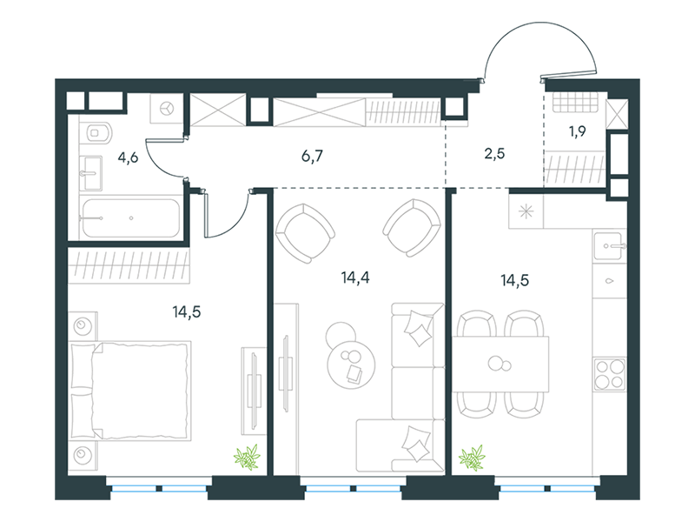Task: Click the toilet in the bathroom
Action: pyautogui.click(x=97, y=132)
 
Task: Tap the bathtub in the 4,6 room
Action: pyautogui.click(x=131, y=218)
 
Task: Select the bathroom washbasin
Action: pyautogui.click(x=91, y=173)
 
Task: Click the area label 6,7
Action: pyautogui.click(x=312, y=157)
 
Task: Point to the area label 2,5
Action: pyautogui.click(x=494, y=154)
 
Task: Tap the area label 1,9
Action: pyautogui.click(x=578, y=131)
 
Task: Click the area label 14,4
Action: pyautogui.click(x=355, y=278)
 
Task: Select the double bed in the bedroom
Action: pyautogui.click(x=130, y=391)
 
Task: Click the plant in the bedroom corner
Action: pyautogui.click(x=247, y=458)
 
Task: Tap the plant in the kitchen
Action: pyautogui.click(x=472, y=458)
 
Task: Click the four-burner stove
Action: pyautogui.click(x=610, y=374)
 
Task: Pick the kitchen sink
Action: pyautogui.click(x=610, y=246)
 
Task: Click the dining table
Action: pyautogui.click(x=500, y=364)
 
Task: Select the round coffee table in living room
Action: pyautogui.click(x=351, y=365)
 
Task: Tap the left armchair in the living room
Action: pyautogui.click(x=305, y=232)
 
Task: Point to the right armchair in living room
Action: pyautogui.click(x=412, y=228)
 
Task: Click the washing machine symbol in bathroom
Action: pyautogui.click(x=167, y=108)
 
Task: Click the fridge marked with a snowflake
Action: pyautogui.click(x=526, y=211)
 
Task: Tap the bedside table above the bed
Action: pyautogui.click(x=83, y=326)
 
